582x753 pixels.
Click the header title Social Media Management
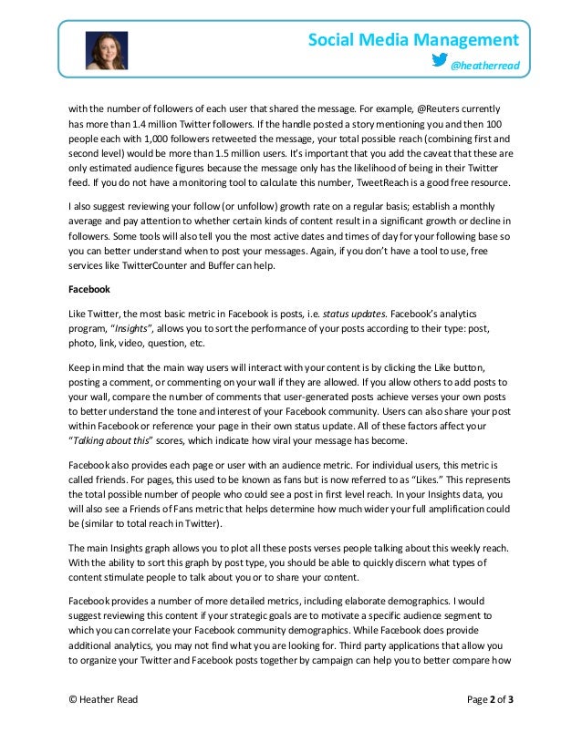(x=413, y=39)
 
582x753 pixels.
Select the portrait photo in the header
(x=107, y=51)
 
